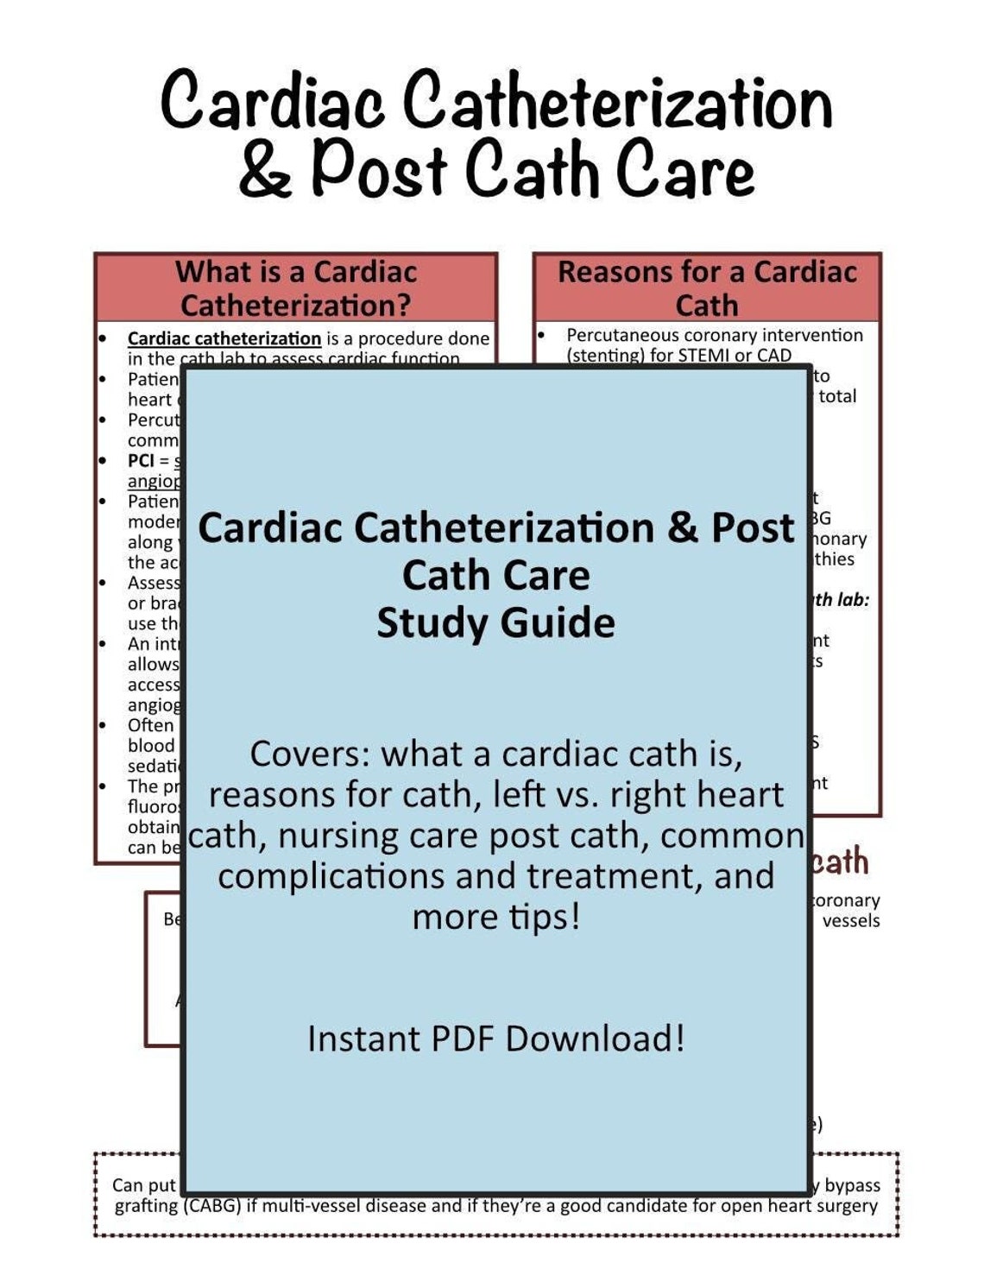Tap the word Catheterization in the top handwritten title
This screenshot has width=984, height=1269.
(617, 101)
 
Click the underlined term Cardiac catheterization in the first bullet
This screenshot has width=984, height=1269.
(224, 338)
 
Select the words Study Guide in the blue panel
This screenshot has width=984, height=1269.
(495, 622)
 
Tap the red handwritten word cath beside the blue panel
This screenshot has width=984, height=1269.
(840, 862)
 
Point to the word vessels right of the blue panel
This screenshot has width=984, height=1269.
(850, 921)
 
